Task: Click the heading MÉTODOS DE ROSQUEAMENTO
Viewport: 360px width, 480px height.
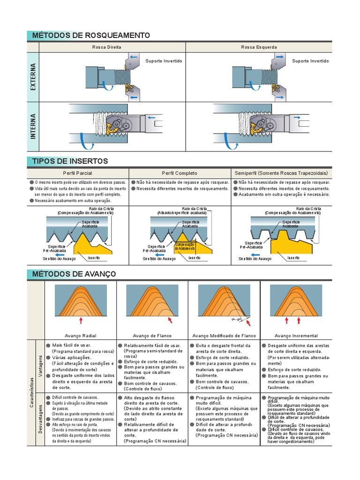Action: tap(91, 36)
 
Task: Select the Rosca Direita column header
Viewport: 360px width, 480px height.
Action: tap(112, 47)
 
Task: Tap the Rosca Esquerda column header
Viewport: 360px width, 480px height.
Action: tap(259, 47)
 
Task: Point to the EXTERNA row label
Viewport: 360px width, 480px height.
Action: tap(33, 77)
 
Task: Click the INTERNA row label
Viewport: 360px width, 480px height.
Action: tap(33, 127)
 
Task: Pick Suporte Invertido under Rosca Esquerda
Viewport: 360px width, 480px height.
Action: tap(310, 61)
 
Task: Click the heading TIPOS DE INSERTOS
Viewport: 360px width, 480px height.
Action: tap(70, 161)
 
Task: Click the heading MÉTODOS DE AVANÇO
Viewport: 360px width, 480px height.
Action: tap(74, 274)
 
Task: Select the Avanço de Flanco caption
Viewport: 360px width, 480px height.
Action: tap(152, 336)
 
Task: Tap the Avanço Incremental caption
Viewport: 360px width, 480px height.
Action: tap(296, 336)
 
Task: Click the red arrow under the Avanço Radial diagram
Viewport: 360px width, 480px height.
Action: tap(81, 321)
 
